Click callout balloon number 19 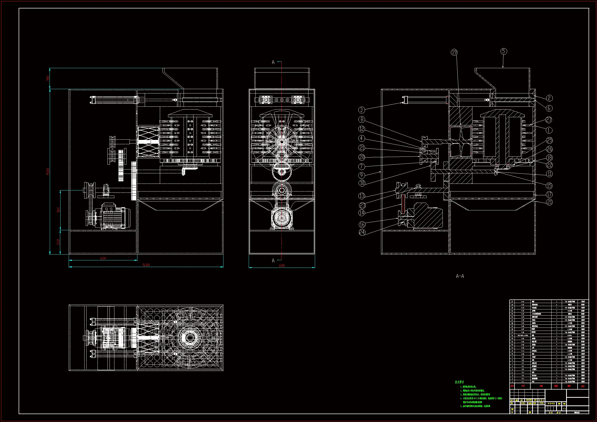[454, 53]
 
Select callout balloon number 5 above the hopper [504, 52]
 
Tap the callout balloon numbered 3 [362, 110]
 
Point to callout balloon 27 [549, 120]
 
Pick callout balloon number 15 [549, 186]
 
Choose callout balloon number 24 [362, 232]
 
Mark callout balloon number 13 [362, 196]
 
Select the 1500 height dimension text [48, 171]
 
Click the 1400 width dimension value [146, 265]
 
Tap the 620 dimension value [103, 258]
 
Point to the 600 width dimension [282, 266]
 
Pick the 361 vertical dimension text [58, 210]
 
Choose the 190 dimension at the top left [48, 78]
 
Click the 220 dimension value [58, 242]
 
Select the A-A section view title [460, 276]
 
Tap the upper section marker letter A [273, 62]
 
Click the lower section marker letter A [273, 261]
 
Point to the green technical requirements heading [459, 382]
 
